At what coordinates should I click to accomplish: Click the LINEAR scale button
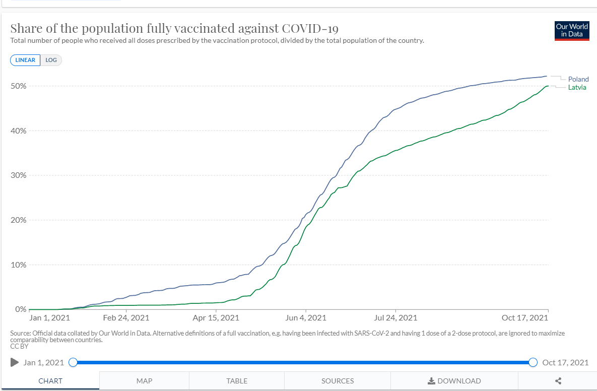point(25,60)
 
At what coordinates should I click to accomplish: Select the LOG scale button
point(51,60)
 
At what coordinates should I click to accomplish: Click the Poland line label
point(578,79)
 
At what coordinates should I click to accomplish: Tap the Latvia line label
point(577,88)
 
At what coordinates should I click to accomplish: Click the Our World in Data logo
point(572,30)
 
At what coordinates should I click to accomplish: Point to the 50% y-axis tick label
point(19,86)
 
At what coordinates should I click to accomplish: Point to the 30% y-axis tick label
point(19,175)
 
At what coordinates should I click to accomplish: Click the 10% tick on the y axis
point(19,265)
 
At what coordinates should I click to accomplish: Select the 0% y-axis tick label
point(21,309)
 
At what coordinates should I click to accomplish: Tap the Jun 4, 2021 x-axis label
point(305,318)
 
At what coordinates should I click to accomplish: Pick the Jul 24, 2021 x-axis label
point(395,318)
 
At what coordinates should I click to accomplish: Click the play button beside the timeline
point(15,362)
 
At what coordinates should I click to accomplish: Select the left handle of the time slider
point(73,362)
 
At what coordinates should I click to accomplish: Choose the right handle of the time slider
point(533,362)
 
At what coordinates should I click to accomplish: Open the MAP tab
point(144,381)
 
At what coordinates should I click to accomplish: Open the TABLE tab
point(237,381)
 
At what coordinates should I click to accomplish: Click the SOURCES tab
point(338,381)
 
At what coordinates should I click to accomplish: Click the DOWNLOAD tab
point(454,381)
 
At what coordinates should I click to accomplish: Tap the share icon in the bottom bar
point(558,381)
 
